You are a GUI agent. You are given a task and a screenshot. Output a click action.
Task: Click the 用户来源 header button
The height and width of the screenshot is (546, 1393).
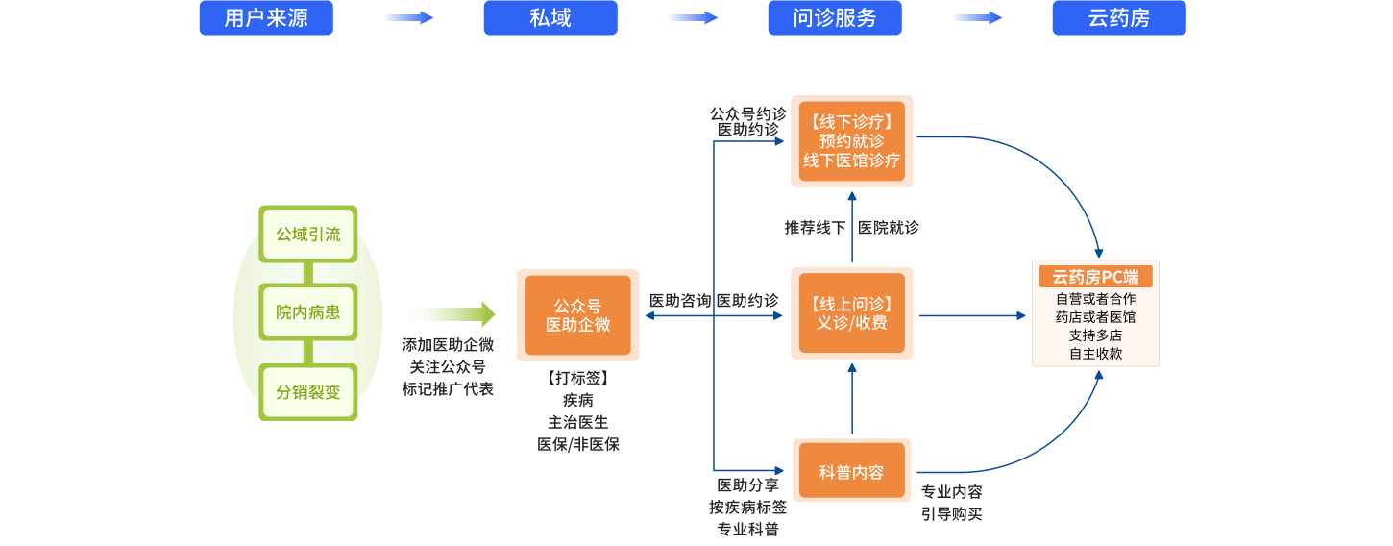click(x=266, y=18)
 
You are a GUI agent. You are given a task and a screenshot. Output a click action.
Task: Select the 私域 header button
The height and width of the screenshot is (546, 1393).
click(x=550, y=18)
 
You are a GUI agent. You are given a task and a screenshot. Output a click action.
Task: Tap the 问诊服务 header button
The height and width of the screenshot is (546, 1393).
click(x=835, y=18)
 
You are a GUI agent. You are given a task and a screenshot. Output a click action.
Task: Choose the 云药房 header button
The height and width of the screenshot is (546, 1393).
click(x=1119, y=18)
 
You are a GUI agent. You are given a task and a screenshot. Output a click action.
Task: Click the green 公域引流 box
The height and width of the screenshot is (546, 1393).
click(x=308, y=235)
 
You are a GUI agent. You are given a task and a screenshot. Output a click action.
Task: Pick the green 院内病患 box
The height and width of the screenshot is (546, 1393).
click(x=308, y=312)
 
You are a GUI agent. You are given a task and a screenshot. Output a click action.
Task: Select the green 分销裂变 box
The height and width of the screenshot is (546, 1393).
click(x=308, y=392)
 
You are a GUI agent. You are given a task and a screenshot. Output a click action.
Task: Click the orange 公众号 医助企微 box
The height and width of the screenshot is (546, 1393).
click(x=577, y=315)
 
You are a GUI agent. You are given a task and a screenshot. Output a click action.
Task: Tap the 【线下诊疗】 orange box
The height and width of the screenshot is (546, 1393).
click(x=852, y=141)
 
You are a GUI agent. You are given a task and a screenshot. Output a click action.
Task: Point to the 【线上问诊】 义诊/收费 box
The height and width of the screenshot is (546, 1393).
click(x=852, y=314)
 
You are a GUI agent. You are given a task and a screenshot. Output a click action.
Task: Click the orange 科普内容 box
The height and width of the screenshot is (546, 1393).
click(x=852, y=472)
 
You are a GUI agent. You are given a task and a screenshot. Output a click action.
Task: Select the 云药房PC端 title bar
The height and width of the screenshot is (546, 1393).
click(x=1095, y=277)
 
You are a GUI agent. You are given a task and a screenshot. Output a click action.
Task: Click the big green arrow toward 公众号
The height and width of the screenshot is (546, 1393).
click(x=448, y=314)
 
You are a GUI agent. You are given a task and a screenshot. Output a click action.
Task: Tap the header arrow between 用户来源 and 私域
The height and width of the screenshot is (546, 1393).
click(x=408, y=18)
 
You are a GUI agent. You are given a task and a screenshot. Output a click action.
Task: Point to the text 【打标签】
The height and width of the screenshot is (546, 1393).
click(x=577, y=379)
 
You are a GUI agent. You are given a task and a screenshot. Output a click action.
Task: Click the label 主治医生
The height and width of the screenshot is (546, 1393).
click(x=577, y=422)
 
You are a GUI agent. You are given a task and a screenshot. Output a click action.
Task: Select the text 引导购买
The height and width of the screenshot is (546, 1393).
click(x=951, y=514)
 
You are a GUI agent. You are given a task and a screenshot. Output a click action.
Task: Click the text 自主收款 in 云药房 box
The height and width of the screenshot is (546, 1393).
click(x=1095, y=354)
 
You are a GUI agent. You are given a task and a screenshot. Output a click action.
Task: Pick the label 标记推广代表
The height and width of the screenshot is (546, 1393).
click(x=448, y=389)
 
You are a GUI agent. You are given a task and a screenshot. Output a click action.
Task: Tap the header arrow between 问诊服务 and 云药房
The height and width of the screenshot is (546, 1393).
click(x=977, y=18)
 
